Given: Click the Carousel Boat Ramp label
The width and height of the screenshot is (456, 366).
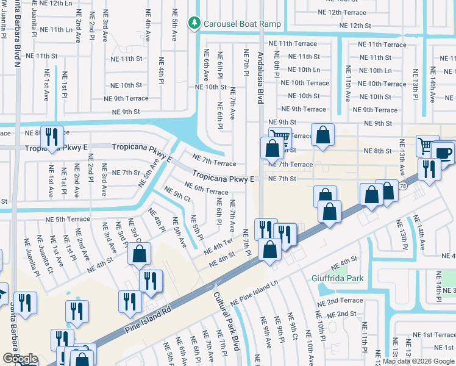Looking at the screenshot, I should pyautogui.click(x=242, y=24).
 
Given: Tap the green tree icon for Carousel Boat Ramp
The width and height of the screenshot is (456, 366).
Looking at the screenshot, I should pyautogui.click(x=194, y=23).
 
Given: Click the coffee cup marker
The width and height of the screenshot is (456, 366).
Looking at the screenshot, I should pyautogui.click(x=443, y=152).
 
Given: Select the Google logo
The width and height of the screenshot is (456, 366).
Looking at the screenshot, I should pyautogui.click(x=20, y=359).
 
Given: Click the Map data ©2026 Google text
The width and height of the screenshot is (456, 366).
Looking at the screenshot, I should pyautogui.click(x=418, y=361).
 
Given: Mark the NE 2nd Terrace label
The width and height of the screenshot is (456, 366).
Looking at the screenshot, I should pyautogui.click(x=340, y=301).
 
